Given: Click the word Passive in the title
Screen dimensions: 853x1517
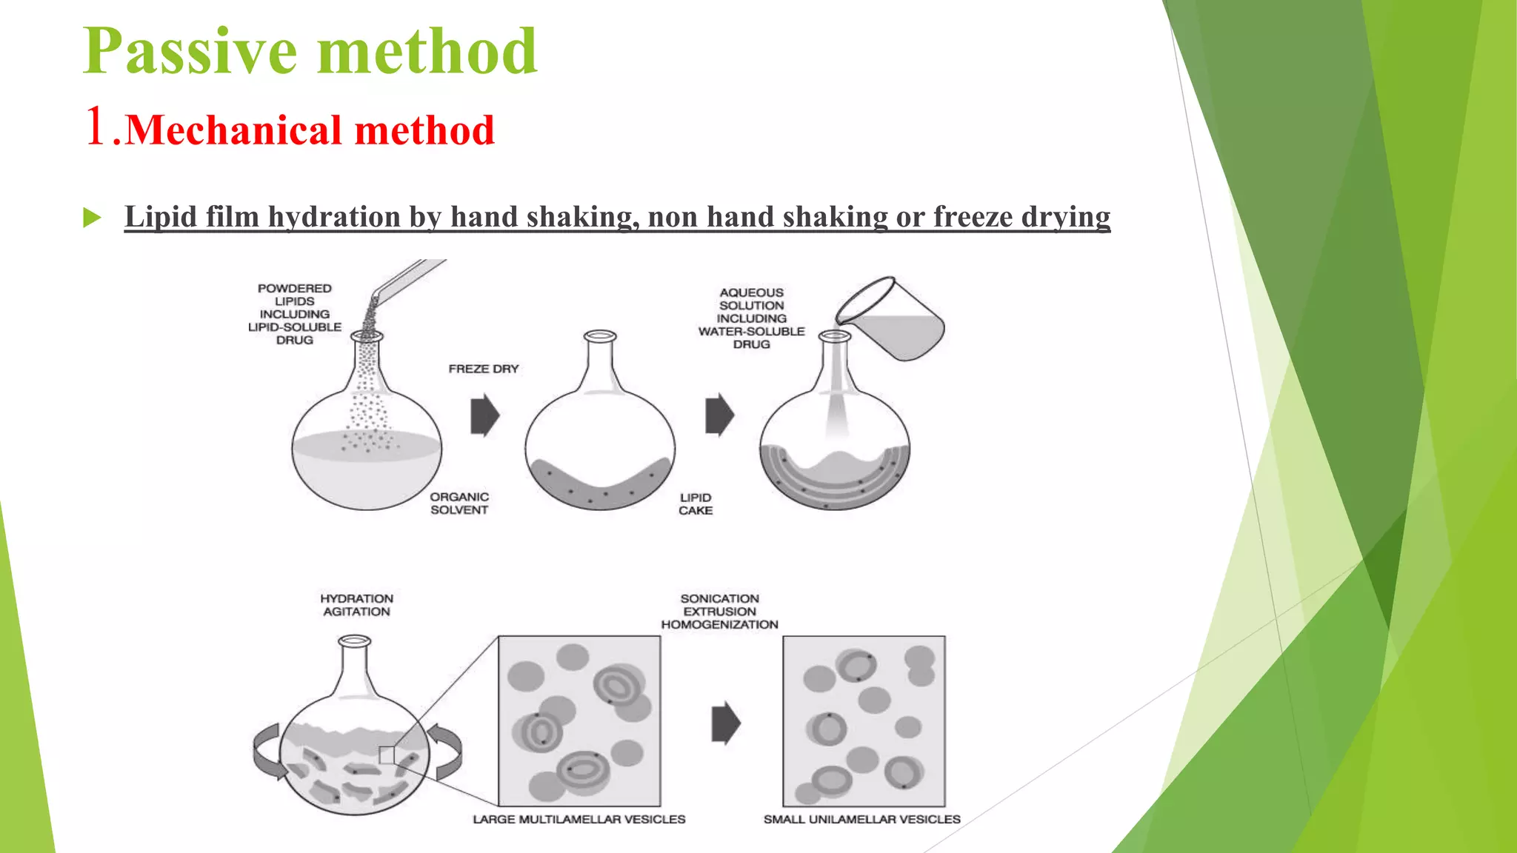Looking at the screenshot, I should (190, 52).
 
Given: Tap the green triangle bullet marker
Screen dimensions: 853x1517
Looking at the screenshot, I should (92, 218).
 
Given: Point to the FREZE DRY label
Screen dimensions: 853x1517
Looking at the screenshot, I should (483, 369).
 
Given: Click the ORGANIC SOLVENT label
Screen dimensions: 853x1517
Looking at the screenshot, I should (459, 504).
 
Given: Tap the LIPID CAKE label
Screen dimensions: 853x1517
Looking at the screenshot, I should (696, 504).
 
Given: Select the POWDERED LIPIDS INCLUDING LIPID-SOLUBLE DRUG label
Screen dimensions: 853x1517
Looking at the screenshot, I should (295, 314).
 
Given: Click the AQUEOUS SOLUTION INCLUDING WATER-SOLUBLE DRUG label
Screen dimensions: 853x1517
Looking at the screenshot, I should (751, 318).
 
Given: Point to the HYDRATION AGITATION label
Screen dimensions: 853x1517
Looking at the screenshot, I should (356, 605).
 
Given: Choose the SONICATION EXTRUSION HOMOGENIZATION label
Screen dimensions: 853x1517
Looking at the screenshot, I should (719, 612).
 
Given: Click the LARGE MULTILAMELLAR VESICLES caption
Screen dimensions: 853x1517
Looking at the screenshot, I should (579, 820).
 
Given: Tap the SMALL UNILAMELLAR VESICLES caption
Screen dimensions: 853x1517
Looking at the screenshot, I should (861, 820).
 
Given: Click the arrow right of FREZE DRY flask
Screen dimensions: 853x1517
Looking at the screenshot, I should (485, 415).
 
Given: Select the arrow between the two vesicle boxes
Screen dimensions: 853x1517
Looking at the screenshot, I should (725, 723).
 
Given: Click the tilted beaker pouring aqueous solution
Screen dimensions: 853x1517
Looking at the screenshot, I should (893, 319).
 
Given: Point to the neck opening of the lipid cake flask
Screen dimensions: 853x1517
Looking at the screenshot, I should (600, 337).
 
